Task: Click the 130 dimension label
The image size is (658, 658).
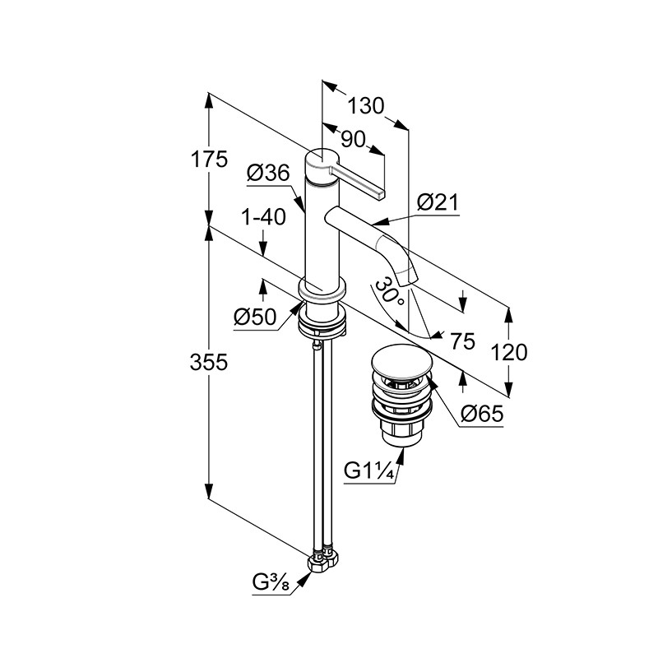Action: pyautogui.click(x=366, y=105)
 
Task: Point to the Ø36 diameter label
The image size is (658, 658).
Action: pyautogui.click(x=267, y=173)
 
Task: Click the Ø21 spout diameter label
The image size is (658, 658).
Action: pyautogui.click(x=438, y=202)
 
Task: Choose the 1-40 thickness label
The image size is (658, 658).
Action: pyautogui.click(x=264, y=218)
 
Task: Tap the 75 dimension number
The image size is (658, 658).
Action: pyautogui.click(x=463, y=342)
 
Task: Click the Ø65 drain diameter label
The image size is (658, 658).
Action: pyautogui.click(x=482, y=415)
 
